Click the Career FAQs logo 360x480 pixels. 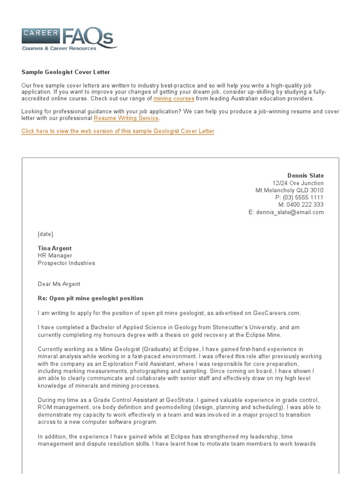click(x=69, y=38)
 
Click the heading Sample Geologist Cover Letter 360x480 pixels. click(x=66, y=72)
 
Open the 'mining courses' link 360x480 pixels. click(x=173, y=99)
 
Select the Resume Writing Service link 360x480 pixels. click(x=126, y=119)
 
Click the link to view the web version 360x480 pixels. click(x=118, y=131)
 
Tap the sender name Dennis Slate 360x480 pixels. click(x=305, y=176)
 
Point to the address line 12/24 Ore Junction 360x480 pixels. click(x=298, y=183)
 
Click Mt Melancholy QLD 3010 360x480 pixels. click(x=289, y=191)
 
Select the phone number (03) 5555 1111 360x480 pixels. click(x=303, y=198)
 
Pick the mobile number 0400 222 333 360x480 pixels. click(x=306, y=205)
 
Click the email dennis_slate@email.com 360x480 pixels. click(x=290, y=212)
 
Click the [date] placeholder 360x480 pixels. click(x=45, y=234)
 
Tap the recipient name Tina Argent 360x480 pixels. click(x=55, y=248)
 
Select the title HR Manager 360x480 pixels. click(x=55, y=256)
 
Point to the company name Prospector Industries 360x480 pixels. click(x=66, y=263)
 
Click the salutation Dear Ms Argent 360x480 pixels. click(x=59, y=284)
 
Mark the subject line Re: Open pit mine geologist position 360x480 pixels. click(x=90, y=299)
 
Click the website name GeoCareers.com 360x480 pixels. click(x=276, y=313)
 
